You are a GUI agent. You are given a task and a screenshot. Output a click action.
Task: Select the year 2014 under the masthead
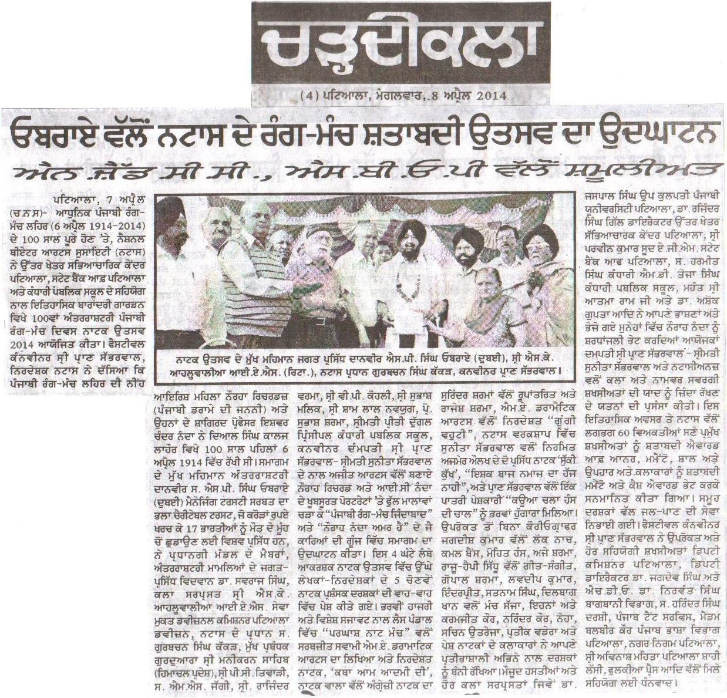[487, 95]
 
